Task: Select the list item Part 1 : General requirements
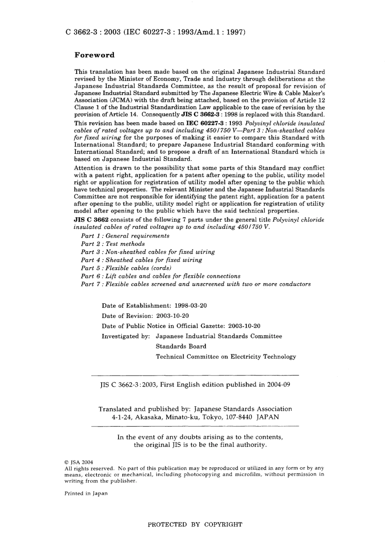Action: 125,236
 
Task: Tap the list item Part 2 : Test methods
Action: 113,244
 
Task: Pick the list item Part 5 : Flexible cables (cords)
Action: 126,268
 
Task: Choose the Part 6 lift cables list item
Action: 161,276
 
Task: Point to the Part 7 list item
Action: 195,284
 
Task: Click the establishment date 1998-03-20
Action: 191,306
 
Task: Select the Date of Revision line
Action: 145,316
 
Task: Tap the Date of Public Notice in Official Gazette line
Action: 181,326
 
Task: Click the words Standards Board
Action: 181,347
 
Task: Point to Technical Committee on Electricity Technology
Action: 226,357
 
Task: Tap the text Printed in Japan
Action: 86,494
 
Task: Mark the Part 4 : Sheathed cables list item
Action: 141,260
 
